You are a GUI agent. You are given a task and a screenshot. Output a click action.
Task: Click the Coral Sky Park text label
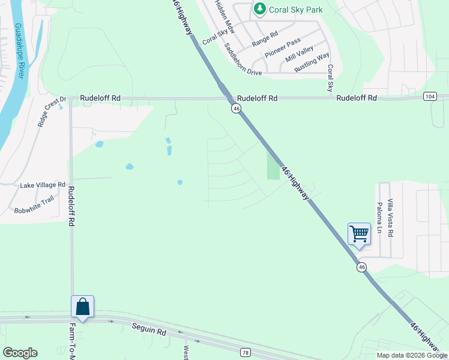coord(296,10)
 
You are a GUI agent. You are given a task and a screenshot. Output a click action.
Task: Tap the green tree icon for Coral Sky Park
coord(260,9)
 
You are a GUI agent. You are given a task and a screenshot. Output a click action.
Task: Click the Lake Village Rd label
coord(43,185)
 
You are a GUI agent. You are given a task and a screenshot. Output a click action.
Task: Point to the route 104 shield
coord(429,96)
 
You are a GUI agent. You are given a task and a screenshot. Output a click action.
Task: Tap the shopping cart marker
coord(359,233)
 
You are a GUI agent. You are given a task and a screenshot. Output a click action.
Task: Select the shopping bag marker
coord(82,307)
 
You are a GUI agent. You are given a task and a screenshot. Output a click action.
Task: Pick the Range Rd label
coord(265,40)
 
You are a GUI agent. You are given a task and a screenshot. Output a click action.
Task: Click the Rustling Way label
coord(312,63)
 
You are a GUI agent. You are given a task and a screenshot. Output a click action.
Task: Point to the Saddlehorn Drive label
coord(243,59)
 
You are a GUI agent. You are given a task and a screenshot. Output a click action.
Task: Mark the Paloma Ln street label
coord(379,217)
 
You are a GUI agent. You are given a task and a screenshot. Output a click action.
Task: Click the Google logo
coord(20,353)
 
